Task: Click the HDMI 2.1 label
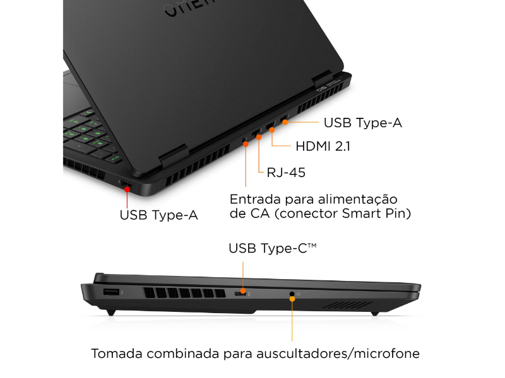(x=323, y=146)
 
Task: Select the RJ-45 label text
(x=286, y=173)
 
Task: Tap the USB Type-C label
(x=273, y=248)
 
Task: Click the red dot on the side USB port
(x=128, y=190)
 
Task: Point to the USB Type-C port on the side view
(x=240, y=294)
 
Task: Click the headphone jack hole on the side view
(x=292, y=294)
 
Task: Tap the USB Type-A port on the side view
(x=112, y=292)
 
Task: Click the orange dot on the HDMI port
(x=272, y=130)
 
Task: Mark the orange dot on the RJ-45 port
(x=259, y=137)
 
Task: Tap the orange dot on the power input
(x=246, y=144)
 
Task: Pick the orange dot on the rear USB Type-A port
(x=285, y=122)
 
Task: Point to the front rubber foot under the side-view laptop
(x=111, y=312)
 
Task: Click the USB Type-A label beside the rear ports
(x=362, y=123)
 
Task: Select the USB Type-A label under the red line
(x=158, y=215)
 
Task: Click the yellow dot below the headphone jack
(x=292, y=299)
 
